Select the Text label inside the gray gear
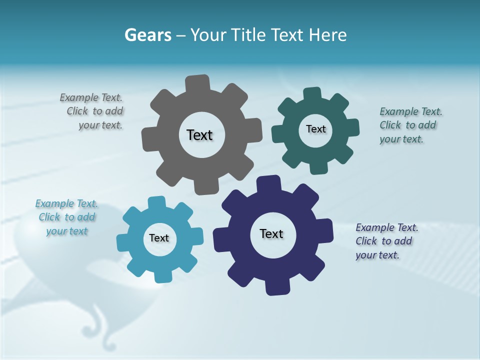pyautogui.click(x=199, y=135)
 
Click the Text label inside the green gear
pyautogui.click(x=315, y=129)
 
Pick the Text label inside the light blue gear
pyautogui.click(x=159, y=238)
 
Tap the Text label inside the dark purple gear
pyautogui.click(x=271, y=233)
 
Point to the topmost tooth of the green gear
pyautogui.click(x=312, y=94)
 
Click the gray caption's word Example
pyautogui.click(x=78, y=97)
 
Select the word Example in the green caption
pyautogui.click(x=398, y=111)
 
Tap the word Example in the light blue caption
pyautogui.click(x=54, y=203)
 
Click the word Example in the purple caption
pyautogui.click(x=374, y=227)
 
